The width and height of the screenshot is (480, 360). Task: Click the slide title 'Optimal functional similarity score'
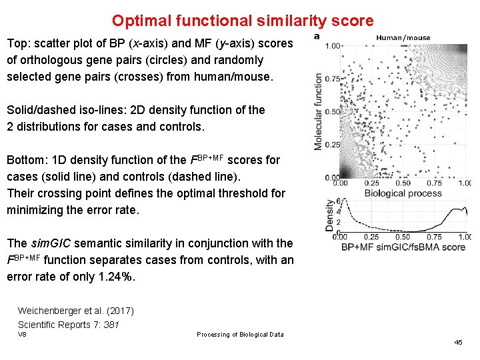click(x=243, y=21)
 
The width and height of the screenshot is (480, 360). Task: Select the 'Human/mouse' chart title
click(x=403, y=38)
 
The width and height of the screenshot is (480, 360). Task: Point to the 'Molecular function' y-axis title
click(x=318, y=111)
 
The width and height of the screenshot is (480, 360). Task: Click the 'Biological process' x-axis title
click(x=403, y=193)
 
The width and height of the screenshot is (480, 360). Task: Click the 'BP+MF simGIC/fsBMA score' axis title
click(x=403, y=247)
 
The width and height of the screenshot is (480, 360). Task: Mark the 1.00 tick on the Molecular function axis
click(x=333, y=46)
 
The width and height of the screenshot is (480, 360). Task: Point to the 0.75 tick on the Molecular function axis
click(x=333, y=79)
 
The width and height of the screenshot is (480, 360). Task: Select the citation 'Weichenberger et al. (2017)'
click(x=75, y=311)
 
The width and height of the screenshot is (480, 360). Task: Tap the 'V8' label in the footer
click(x=22, y=334)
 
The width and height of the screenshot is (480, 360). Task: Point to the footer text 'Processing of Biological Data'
click(x=240, y=335)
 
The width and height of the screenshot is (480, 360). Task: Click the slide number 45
click(x=458, y=342)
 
